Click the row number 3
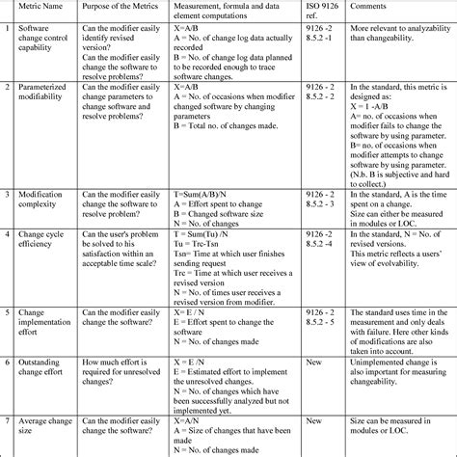[x=8, y=194]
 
